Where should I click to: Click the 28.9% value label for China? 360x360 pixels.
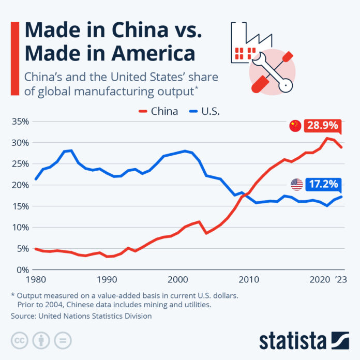tap(323, 126)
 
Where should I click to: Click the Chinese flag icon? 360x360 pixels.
tap(295, 126)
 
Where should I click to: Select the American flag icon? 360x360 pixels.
tap(296, 184)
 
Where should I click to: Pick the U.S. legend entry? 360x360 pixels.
tap(209, 111)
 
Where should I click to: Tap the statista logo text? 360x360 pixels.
tap(292, 341)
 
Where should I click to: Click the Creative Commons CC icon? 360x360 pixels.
tap(19, 340)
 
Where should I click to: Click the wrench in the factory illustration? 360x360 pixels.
tap(271, 72)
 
